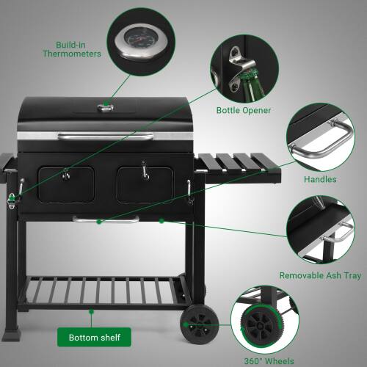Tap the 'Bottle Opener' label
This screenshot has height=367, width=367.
pyautogui.click(x=243, y=111)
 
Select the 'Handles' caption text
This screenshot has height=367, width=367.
pyautogui.click(x=320, y=179)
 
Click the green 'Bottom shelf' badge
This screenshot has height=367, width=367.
pyautogui.click(x=94, y=338)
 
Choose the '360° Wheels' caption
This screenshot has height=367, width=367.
pyautogui.click(x=269, y=360)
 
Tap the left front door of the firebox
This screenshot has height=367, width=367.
pyautogui.click(x=66, y=184)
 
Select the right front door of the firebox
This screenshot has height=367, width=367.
pyautogui.click(x=145, y=183)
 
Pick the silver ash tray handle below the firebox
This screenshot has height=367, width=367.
pyautogui.click(x=106, y=219)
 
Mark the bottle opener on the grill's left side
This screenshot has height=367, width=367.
pyautogui.click(x=12, y=199)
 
